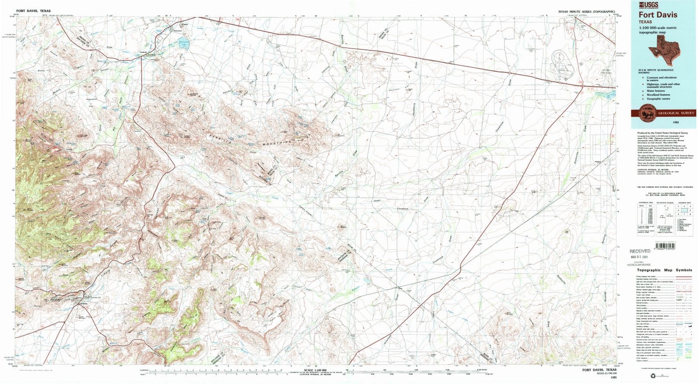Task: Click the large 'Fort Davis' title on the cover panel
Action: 658,14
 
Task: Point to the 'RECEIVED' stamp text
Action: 640,251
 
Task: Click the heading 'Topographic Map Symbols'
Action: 664,270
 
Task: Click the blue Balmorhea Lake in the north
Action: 184,44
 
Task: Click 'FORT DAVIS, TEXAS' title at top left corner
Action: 34,11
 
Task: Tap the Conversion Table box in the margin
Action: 645,217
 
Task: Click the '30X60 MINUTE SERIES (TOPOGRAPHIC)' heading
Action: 586,11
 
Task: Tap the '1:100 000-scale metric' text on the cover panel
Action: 657,27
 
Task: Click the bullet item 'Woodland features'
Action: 658,95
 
